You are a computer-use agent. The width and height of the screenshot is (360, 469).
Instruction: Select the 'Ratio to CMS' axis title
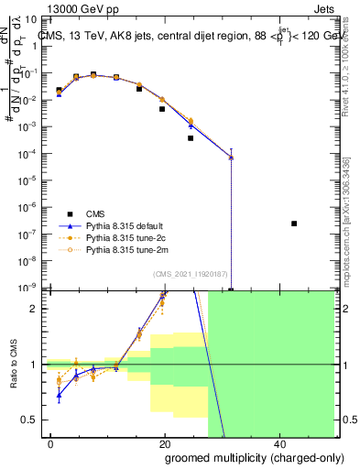[x=16, y=365]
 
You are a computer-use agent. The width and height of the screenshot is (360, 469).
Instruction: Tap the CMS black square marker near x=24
[x=191, y=138]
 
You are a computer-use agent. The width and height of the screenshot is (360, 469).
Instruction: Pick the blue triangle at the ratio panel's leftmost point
[x=59, y=396]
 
